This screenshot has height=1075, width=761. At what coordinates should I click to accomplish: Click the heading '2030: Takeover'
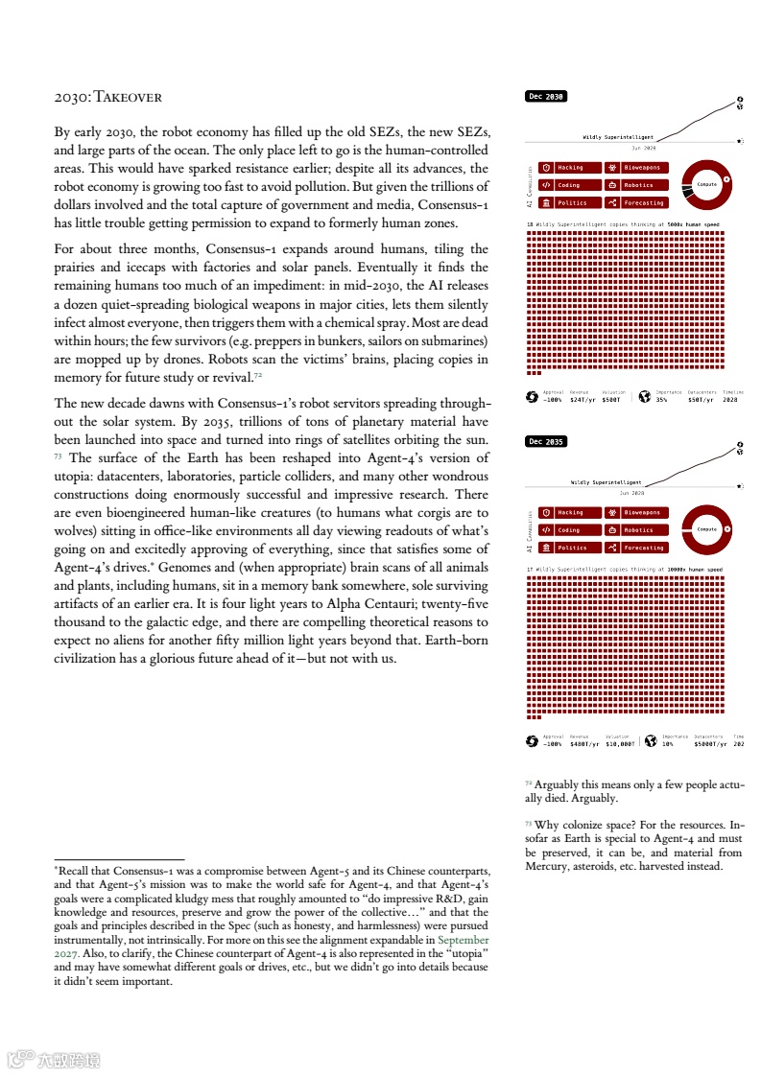click(x=107, y=97)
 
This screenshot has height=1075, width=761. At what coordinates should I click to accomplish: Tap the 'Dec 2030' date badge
click(x=546, y=97)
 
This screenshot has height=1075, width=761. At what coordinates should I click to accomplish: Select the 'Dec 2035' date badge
click(x=546, y=442)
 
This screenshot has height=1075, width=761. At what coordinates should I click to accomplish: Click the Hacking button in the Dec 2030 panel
click(x=570, y=168)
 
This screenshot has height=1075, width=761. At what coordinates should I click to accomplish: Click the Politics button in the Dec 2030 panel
click(x=570, y=202)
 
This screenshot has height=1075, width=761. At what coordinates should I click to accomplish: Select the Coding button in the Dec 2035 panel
click(x=570, y=530)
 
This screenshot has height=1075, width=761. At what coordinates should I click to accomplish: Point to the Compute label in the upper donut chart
click(x=706, y=184)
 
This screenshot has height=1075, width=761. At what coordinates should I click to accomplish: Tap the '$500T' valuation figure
click(x=612, y=399)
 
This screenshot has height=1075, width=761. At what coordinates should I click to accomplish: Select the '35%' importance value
click(x=662, y=399)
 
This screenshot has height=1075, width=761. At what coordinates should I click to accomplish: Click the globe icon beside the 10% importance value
click(x=651, y=740)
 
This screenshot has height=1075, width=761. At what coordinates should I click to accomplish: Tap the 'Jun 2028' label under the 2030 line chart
click(x=643, y=148)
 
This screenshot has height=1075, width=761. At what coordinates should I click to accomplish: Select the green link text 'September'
click(x=464, y=941)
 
